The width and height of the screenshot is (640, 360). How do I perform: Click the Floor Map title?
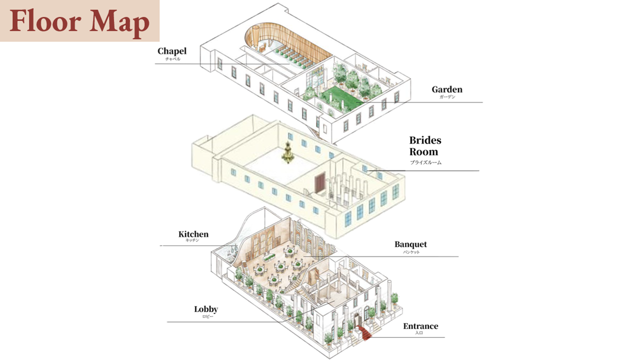point(79,21)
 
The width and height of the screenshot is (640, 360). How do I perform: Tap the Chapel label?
point(171,51)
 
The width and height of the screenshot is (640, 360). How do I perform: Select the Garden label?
point(447,89)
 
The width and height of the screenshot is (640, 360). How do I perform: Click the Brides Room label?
point(425,146)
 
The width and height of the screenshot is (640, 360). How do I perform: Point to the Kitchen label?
point(193,234)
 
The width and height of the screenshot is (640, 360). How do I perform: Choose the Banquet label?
point(410,244)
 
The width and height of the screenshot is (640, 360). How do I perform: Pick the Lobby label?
point(206,309)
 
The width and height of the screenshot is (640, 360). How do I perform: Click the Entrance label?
point(420,326)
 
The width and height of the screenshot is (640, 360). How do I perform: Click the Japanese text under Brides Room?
point(425,162)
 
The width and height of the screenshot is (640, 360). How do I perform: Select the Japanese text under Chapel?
point(172,58)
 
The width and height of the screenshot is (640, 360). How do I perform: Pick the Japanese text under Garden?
point(447,97)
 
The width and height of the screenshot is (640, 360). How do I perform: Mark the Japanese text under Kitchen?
point(192,240)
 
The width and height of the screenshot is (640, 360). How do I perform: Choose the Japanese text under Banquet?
point(410,252)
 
